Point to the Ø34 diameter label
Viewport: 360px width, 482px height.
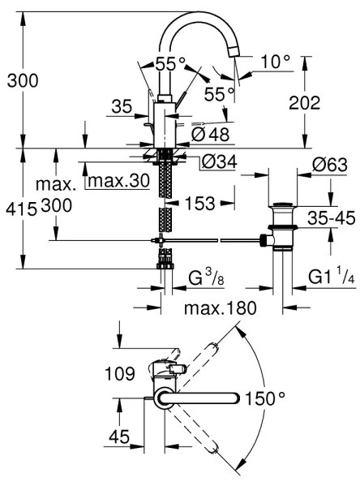(216, 163)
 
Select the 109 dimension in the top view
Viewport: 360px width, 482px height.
(119, 375)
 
